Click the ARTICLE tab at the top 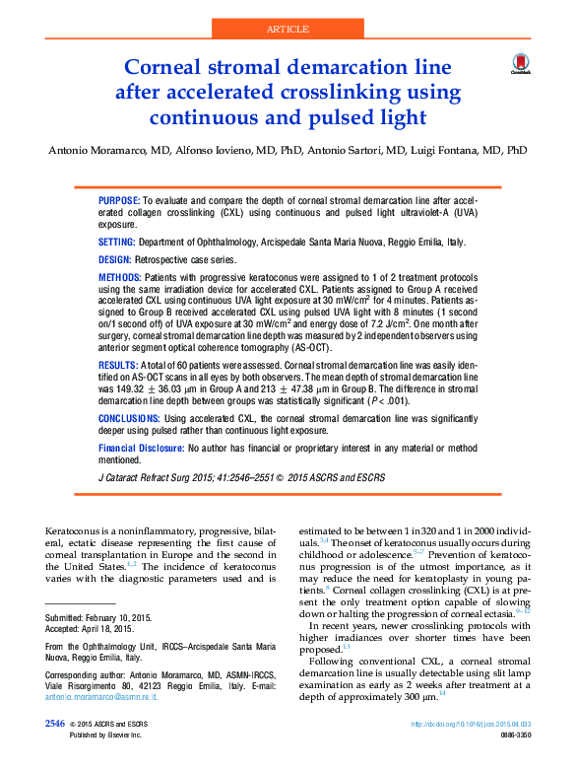coord(288,29)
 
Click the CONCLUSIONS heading coord(129,419)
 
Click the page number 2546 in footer coord(55,751)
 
